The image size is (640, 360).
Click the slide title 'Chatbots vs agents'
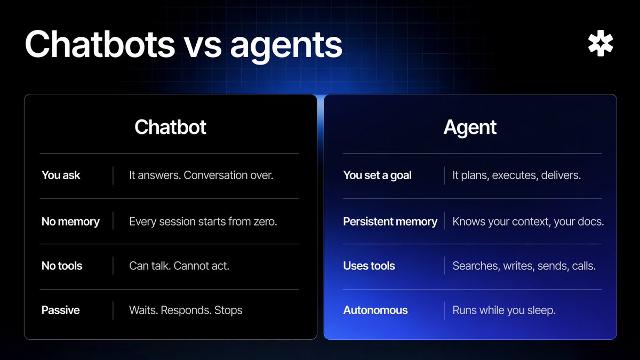183,44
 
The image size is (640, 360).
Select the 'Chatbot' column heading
170,127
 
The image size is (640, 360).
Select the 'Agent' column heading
470,127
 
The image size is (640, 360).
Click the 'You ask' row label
61,175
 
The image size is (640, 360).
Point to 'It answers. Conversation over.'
201,175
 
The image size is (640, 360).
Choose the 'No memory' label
70,221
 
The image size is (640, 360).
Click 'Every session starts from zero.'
203,221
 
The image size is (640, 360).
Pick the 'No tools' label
62,266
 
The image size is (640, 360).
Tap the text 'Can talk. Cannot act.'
179,266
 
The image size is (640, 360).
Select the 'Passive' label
60,310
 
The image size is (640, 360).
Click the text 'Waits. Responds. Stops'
186,310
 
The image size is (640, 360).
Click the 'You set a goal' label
377,175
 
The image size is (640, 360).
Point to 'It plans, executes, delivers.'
516,175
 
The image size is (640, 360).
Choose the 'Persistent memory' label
390,221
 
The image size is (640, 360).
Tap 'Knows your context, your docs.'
528,221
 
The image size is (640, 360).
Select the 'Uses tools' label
369,266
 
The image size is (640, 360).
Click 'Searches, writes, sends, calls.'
524,266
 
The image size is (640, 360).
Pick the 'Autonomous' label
375,310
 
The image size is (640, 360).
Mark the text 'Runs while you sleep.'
504,310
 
